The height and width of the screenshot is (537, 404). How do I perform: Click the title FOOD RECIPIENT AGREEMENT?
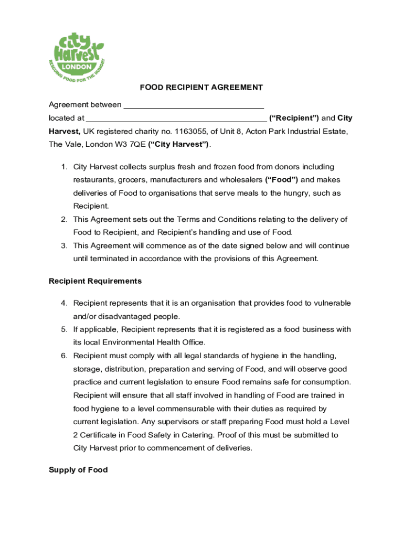(201, 87)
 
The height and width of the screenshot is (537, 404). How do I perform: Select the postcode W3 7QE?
(131, 144)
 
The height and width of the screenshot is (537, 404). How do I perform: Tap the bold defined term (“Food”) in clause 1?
(282, 180)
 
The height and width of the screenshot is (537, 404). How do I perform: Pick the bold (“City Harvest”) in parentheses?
(179, 144)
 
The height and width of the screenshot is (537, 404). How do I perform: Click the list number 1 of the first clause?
(63, 167)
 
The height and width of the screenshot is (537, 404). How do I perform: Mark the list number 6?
(63, 356)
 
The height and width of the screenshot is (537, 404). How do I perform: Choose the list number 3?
(63, 245)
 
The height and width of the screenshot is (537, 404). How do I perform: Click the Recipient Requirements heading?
(95, 281)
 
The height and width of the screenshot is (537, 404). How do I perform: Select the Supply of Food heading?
(78, 470)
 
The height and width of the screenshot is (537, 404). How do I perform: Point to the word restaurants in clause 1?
(94, 180)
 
